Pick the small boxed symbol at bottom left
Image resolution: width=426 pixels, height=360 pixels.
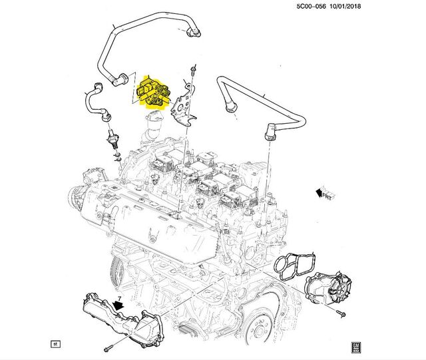[x=56, y=344]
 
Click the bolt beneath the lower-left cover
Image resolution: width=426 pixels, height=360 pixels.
[x=106, y=348]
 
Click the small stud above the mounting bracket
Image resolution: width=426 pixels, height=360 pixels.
[x=193, y=71]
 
